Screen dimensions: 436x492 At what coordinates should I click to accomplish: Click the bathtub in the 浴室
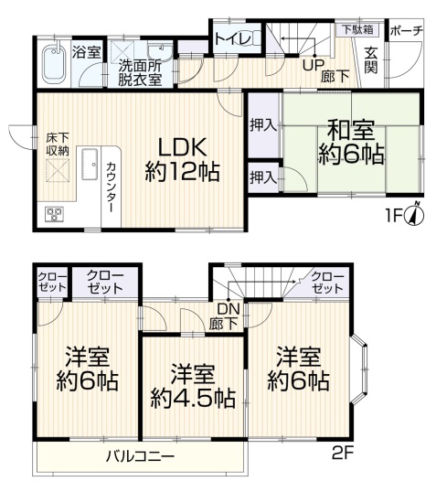click(x=54, y=64)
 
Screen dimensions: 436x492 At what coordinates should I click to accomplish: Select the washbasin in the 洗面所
click(x=160, y=50)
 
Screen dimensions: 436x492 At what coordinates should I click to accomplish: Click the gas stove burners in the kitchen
click(x=55, y=214)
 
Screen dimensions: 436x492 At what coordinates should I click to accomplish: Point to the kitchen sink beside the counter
click(x=90, y=164)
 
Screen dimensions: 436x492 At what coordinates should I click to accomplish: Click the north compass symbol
click(x=415, y=214)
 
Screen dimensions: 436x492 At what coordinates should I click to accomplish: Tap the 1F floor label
click(x=394, y=216)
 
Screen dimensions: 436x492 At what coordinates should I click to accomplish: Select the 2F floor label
click(x=343, y=453)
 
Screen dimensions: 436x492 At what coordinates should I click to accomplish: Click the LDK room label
click(x=182, y=159)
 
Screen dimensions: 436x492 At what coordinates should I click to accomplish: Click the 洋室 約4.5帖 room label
click(x=193, y=387)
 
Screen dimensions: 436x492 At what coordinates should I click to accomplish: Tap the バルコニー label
click(x=140, y=455)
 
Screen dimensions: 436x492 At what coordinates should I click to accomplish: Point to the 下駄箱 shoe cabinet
click(x=358, y=30)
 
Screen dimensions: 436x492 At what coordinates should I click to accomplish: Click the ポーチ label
click(x=407, y=31)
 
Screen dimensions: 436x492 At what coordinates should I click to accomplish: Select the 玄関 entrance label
click(x=371, y=61)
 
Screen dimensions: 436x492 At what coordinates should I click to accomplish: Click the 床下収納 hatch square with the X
click(x=58, y=170)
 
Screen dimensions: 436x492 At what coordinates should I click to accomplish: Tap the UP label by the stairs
click(x=313, y=65)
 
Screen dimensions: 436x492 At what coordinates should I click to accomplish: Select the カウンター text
click(x=111, y=187)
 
